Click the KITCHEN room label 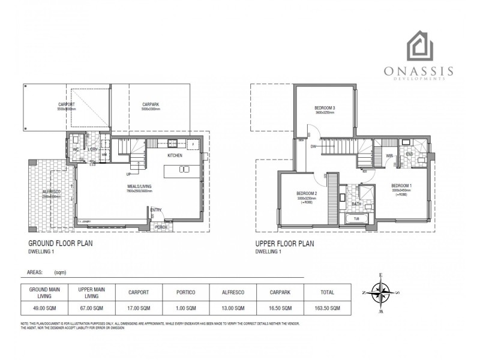tap(175, 155)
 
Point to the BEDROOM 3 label tap(324, 108)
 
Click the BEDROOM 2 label tap(307, 193)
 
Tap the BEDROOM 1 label tap(401, 185)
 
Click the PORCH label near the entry tap(161, 227)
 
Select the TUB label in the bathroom tap(356, 219)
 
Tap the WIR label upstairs tap(389, 156)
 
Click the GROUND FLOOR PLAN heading tap(61, 244)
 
